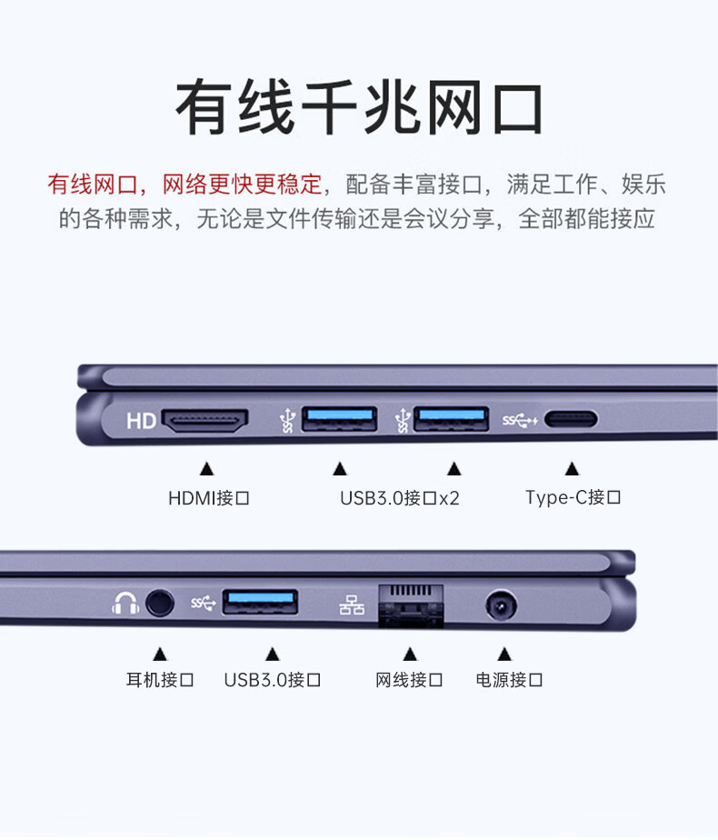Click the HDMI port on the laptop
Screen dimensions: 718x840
[205, 421]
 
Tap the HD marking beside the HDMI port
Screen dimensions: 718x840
[141, 421]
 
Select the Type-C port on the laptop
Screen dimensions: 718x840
[571, 419]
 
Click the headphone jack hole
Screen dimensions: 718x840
[160, 604]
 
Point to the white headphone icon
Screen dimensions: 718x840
[125, 604]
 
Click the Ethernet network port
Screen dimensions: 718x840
[411, 605]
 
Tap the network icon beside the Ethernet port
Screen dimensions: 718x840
[352, 605]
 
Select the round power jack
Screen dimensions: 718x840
[501, 605]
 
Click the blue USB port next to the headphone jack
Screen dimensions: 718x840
[260, 602]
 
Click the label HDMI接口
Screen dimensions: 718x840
[209, 498]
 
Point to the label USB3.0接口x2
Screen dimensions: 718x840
[399, 498]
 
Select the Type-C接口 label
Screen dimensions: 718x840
[573, 497]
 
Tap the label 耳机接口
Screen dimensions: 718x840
[160, 680]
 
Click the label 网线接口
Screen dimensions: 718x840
[409, 680]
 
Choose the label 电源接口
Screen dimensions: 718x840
[509, 680]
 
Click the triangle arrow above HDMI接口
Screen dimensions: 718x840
[206, 469]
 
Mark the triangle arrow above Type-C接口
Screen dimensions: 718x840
[572, 469]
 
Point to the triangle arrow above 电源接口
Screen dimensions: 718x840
[504, 654]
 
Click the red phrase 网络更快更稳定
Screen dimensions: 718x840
[242, 185]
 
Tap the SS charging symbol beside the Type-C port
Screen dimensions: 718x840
[519, 421]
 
